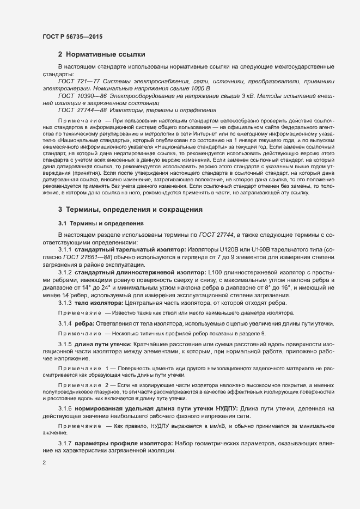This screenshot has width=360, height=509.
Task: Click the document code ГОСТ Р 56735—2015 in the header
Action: [72, 36]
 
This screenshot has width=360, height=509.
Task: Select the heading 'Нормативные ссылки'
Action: [105, 55]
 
